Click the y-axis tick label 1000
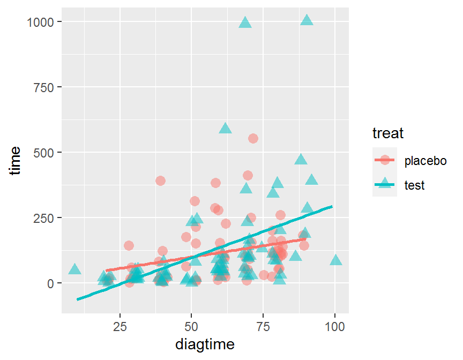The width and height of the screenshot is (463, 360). pyautogui.click(x=42, y=21)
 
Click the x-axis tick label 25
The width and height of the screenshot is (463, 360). pyautogui.click(x=120, y=326)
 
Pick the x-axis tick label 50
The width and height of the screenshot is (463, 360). pyautogui.click(x=191, y=326)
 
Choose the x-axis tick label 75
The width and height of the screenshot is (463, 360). pyautogui.click(x=263, y=326)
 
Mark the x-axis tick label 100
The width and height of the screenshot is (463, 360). pyautogui.click(x=335, y=326)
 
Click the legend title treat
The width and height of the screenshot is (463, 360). pyautogui.click(x=388, y=132)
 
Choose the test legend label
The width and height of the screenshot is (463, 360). pyautogui.click(x=415, y=185)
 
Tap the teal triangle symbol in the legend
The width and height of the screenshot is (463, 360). pyautogui.click(x=385, y=185)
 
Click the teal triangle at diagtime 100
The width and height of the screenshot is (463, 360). pyautogui.click(x=335, y=260)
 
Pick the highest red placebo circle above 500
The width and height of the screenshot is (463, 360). pyautogui.click(x=253, y=138)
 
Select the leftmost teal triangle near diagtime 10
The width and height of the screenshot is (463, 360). pyautogui.click(x=74, y=269)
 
